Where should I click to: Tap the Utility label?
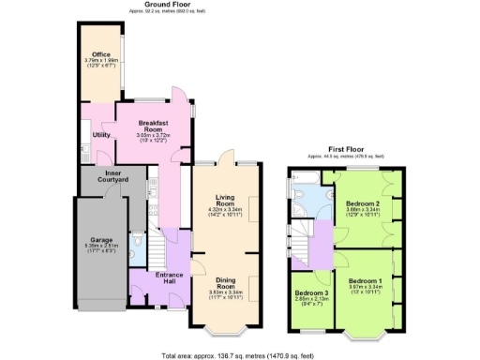point(100,135)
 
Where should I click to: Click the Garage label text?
point(100,239)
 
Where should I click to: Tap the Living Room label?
point(224,200)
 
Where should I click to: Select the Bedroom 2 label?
point(361,202)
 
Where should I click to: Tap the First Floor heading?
point(345,148)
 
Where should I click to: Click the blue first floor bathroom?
point(314,195)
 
